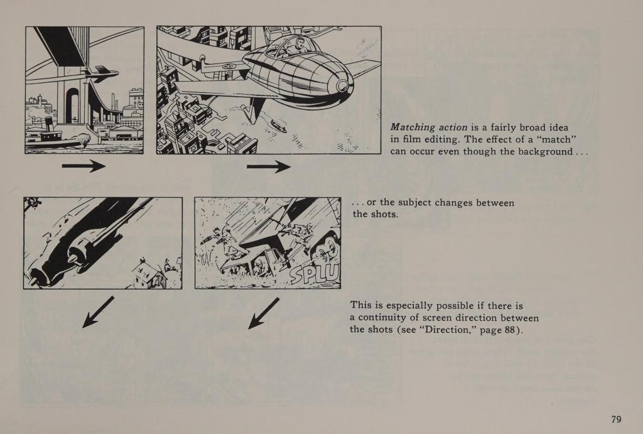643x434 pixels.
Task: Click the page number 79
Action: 616,419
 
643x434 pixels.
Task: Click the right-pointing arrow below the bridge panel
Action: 84,166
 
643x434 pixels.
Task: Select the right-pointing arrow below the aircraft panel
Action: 269,166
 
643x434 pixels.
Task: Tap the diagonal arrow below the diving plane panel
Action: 98,312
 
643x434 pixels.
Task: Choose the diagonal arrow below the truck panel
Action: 264,313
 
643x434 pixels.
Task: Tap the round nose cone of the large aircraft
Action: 342,85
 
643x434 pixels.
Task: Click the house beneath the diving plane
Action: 149,275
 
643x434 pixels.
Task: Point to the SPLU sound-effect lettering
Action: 315,273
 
